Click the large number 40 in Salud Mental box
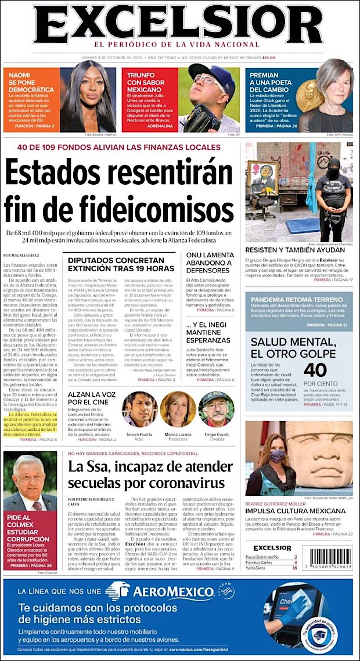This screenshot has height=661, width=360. pos(315,370)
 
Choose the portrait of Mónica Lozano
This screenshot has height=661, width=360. pos(178,409)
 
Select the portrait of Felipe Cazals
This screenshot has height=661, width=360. pos(217,410)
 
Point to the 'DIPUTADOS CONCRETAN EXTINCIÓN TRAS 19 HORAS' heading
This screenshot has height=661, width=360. pos(121,265)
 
